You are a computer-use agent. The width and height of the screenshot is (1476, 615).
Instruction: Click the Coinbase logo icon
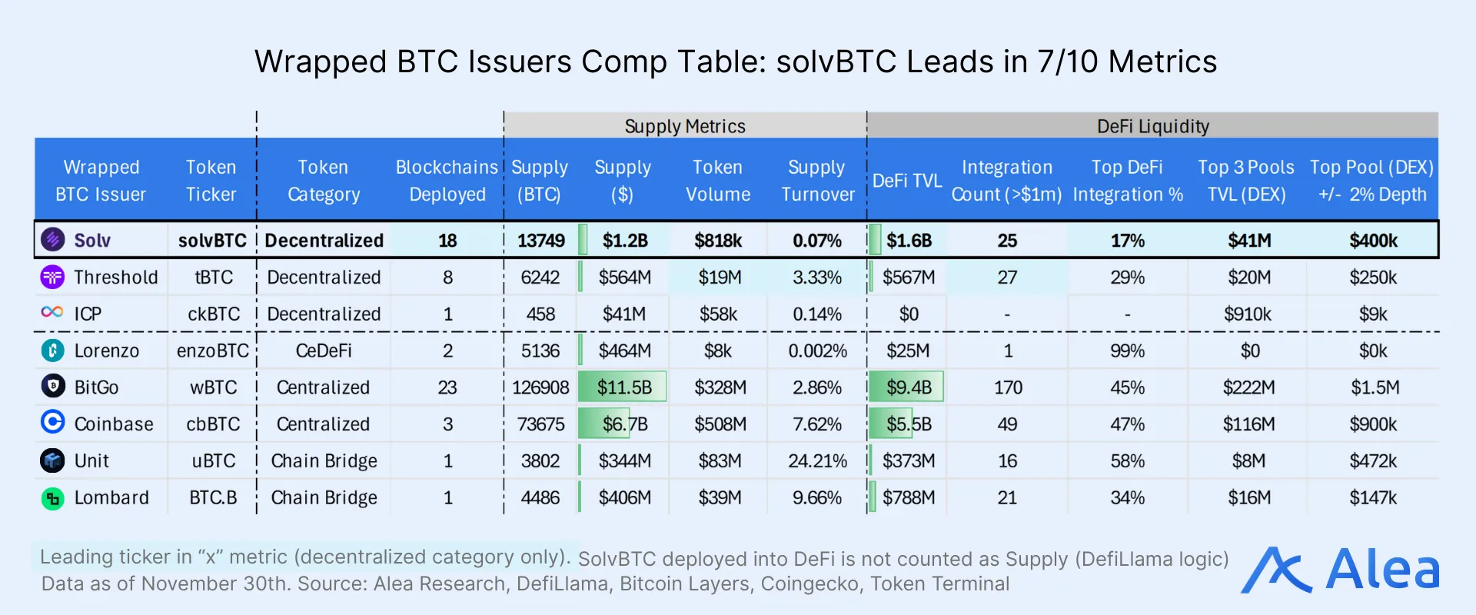pyautogui.click(x=52, y=423)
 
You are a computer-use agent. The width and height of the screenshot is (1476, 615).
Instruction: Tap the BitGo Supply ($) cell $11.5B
pyautogui.click(x=623, y=387)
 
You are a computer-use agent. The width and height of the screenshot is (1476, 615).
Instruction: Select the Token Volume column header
pyautogui.click(x=717, y=181)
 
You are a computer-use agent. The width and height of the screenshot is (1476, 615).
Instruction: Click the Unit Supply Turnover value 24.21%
pyautogui.click(x=817, y=461)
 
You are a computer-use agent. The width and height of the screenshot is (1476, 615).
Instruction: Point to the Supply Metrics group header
pyautogui.click(x=685, y=126)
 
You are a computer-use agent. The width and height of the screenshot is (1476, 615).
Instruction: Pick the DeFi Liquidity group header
pyautogui.click(x=1152, y=126)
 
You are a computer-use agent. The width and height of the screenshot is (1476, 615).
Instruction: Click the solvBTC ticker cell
pyautogui.click(x=212, y=241)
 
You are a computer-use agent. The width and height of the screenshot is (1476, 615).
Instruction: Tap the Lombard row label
pyautogui.click(x=111, y=498)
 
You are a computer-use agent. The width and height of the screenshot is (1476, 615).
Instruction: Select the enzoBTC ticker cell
pyautogui.click(x=212, y=351)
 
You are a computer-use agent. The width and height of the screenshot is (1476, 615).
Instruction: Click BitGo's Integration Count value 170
pyautogui.click(x=1007, y=387)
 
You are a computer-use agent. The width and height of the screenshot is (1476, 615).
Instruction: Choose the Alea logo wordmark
pyautogui.click(x=1382, y=570)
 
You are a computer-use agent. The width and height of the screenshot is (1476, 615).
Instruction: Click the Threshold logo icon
pyautogui.click(x=52, y=277)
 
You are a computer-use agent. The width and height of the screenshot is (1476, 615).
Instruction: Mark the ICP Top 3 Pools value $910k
pyautogui.click(x=1248, y=314)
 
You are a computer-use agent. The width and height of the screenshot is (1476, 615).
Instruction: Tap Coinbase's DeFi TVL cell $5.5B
pyautogui.click(x=908, y=424)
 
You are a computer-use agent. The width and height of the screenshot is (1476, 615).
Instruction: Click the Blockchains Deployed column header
pyautogui.click(x=447, y=181)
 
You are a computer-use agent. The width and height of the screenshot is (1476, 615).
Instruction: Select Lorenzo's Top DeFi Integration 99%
pyautogui.click(x=1127, y=351)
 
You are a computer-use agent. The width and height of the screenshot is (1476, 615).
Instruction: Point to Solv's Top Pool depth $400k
pyautogui.click(x=1373, y=241)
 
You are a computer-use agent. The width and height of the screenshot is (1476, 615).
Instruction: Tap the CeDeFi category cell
pyautogui.click(x=324, y=351)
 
